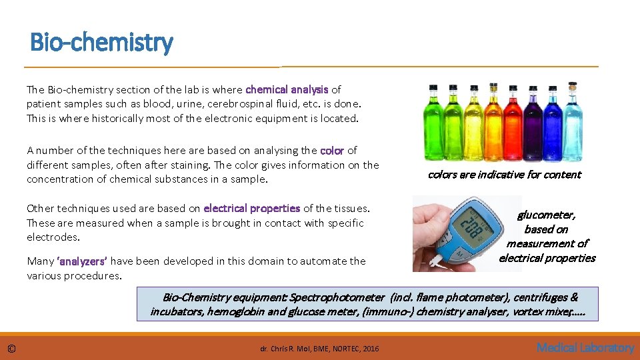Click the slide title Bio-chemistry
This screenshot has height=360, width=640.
[x=101, y=43]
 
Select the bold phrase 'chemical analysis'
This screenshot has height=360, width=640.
[x=287, y=89]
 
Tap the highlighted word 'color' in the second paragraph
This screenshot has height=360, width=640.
[x=332, y=151]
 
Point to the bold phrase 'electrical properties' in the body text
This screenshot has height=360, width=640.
[x=252, y=209]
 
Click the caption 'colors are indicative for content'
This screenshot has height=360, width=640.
[x=504, y=175]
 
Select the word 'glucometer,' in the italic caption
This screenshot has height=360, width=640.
[x=547, y=215]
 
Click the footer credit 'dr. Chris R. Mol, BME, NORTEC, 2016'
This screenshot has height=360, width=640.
[x=319, y=349]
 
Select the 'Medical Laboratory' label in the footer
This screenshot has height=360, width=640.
[x=585, y=348]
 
